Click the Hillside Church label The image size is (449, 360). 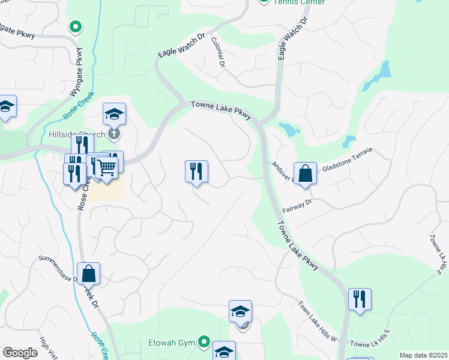pyautogui.click(x=77, y=134)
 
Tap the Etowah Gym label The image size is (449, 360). pyautogui.click(x=172, y=343)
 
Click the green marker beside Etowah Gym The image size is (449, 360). pyautogui.click(x=204, y=343)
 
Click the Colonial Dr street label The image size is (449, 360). pyautogui.click(x=218, y=52)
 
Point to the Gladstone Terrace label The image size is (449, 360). pyautogui.click(x=348, y=160)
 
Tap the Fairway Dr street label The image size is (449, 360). pyautogui.click(x=297, y=206)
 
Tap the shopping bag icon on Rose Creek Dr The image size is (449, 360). pyautogui.click(x=88, y=273)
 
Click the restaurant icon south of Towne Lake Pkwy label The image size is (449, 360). pyautogui.click(x=196, y=172)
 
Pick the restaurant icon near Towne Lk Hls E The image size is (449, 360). pyautogui.click(x=360, y=299)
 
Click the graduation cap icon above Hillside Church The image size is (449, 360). pyautogui.click(x=114, y=113)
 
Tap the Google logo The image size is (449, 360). pyautogui.click(x=20, y=353)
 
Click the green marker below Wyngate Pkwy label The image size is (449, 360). pyautogui.click(x=76, y=26)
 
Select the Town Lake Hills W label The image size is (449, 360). pyautogui.click(x=317, y=322)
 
